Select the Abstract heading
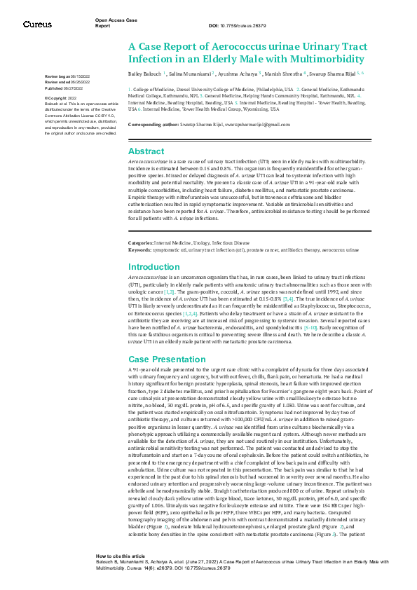tap(146, 151)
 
